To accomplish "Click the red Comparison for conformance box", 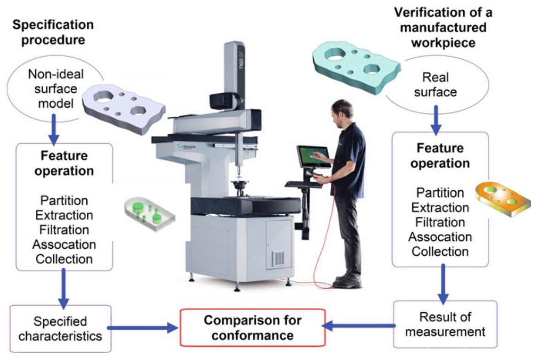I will coord(252,327).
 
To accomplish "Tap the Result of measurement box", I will coord(444,324).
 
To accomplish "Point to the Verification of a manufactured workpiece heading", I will coord(443,28).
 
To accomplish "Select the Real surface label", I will coord(435,85).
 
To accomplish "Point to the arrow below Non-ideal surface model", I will coord(54,131).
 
